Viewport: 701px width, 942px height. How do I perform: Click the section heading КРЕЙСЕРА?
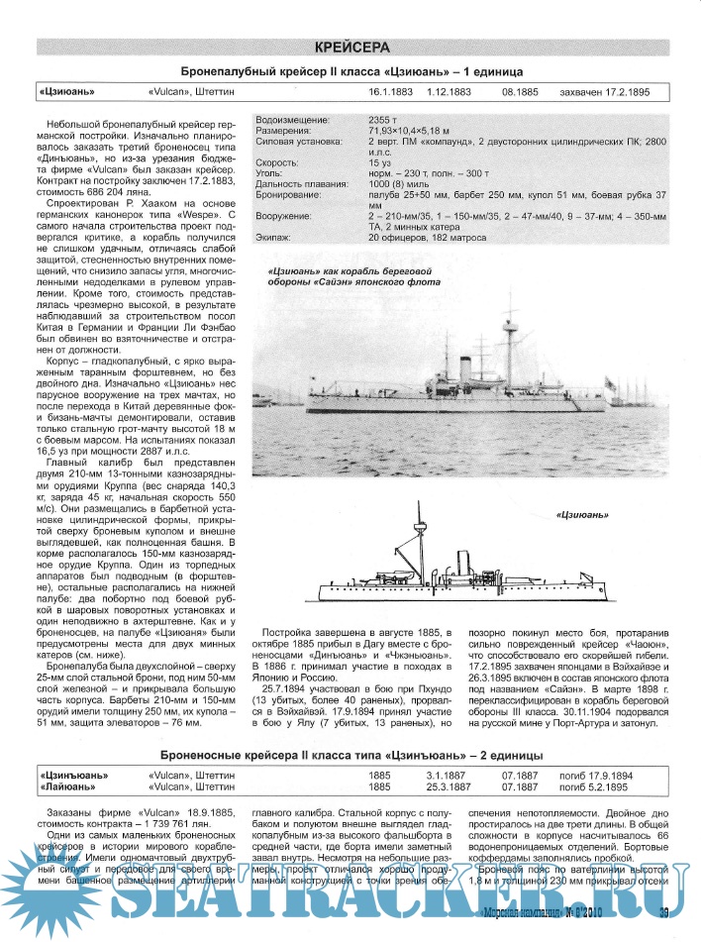[x=351, y=48]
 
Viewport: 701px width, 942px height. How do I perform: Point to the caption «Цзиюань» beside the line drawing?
[x=581, y=515]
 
